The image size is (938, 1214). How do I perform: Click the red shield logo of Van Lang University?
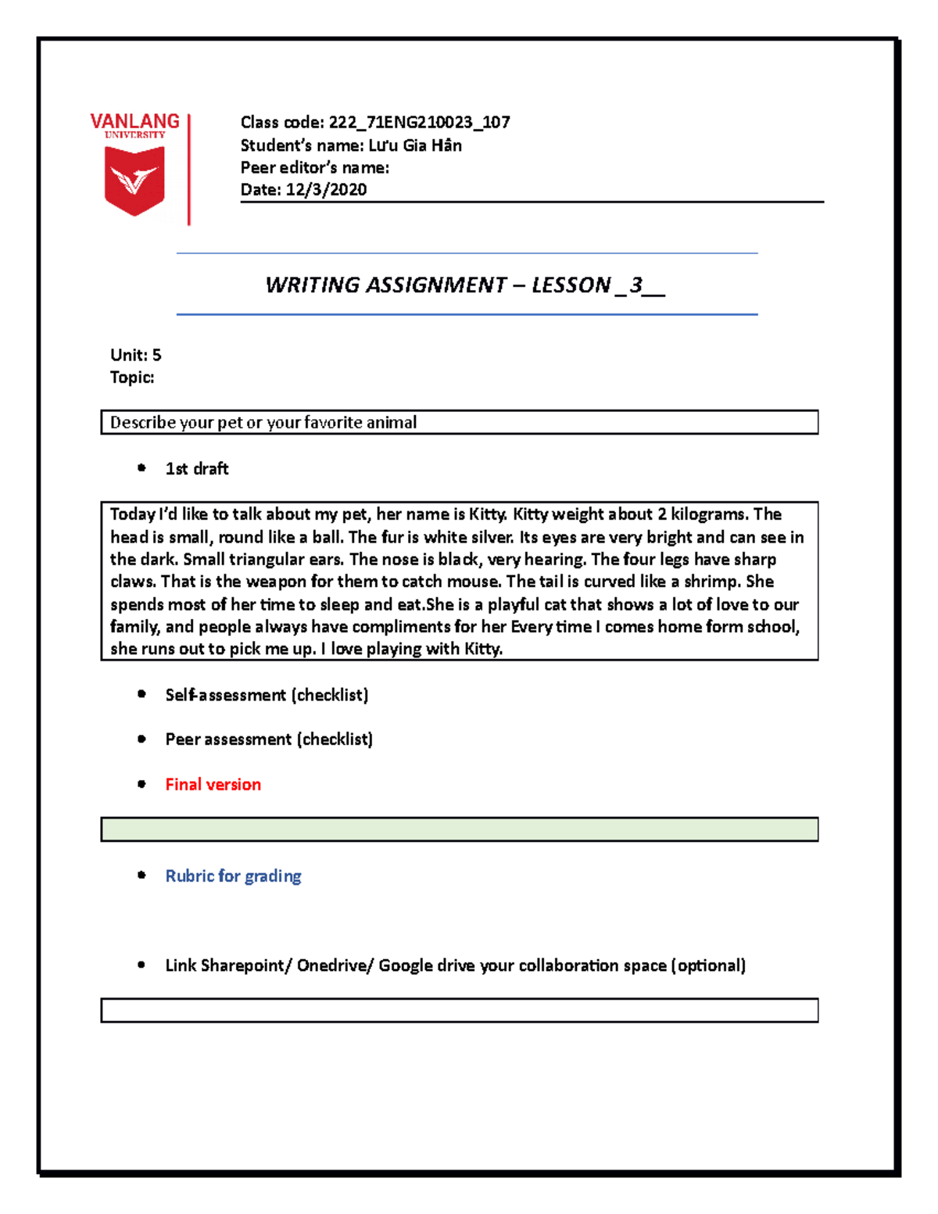(134, 182)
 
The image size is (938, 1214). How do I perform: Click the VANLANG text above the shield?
(134, 121)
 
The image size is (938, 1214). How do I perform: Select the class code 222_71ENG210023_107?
(419, 122)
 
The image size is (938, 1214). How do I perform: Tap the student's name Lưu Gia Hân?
(414, 145)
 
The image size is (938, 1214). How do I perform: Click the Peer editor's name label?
(314, 167)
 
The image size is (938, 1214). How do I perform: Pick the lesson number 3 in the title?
(635, 285)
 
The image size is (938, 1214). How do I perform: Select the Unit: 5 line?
(135, 355)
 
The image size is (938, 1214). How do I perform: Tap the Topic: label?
(132, 378)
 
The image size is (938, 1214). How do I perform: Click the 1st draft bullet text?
(196, 469)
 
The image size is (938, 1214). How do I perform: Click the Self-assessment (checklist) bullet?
(267, 695)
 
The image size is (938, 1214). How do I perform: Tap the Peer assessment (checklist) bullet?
(269, 740)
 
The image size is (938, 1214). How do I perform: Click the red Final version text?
(213, 785)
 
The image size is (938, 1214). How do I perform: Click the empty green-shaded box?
(459, 829)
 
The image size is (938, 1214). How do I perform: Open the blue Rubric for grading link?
(233, 876)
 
